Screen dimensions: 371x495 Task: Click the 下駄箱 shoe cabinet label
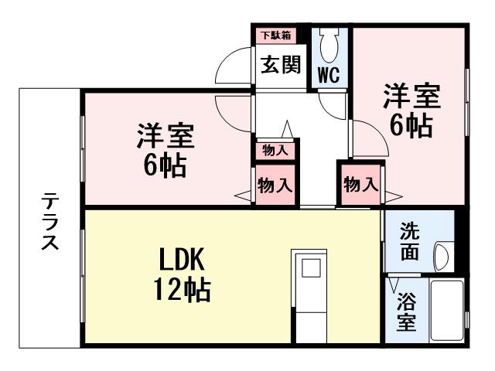pos(274,35)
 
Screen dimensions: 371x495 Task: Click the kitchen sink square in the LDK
pos(311,269)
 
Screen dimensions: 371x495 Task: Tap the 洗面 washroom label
pos(410,242)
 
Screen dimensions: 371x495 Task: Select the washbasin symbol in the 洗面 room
pos(442,254)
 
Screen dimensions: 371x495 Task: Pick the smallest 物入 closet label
pos(275,151)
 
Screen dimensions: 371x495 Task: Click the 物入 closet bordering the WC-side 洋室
pos(360,185)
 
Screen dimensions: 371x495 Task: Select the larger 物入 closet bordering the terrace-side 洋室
pos(275,185)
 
